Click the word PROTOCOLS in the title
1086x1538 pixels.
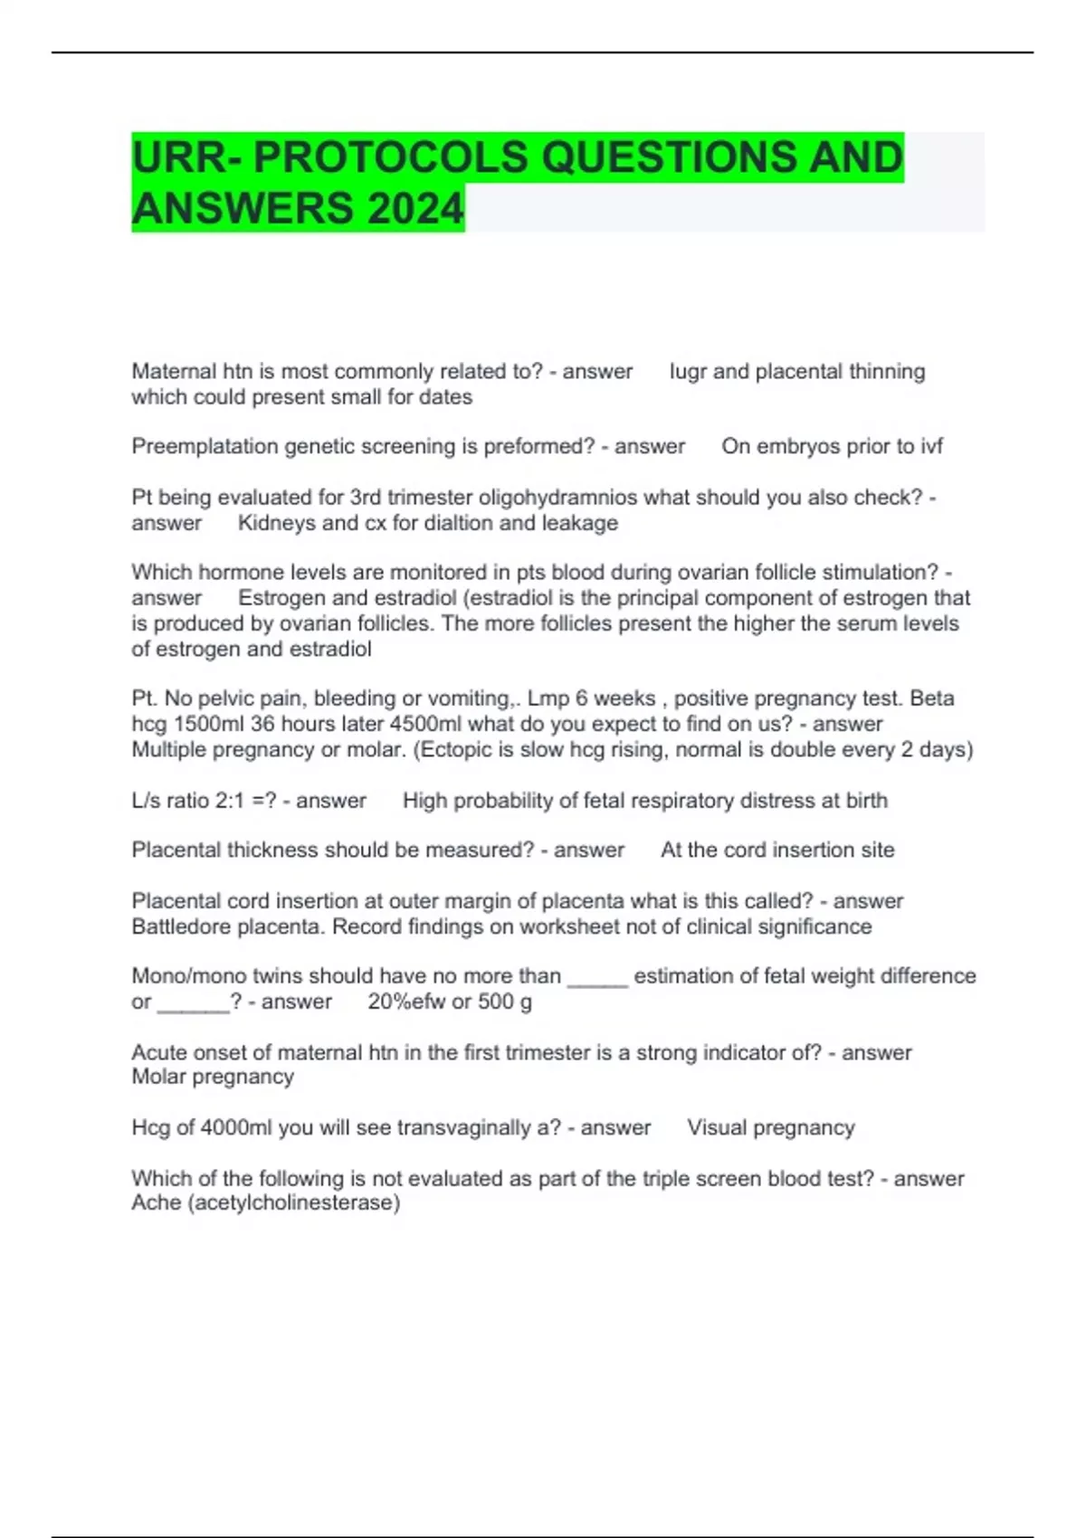391,157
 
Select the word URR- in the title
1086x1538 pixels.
186,157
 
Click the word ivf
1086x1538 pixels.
929,446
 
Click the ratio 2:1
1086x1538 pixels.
224,801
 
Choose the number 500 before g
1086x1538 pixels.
495,1002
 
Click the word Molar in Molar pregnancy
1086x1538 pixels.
158,1077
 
